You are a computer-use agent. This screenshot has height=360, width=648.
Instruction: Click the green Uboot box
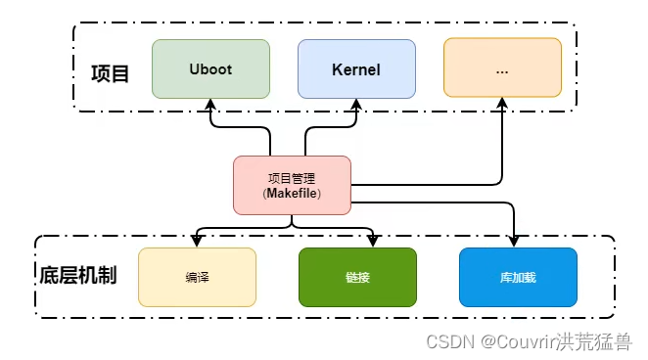[x=210, y=68]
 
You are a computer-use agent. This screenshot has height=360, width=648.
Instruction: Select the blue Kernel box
[x=356, y=68]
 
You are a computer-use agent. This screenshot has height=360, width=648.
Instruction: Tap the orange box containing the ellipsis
[x=502, y=68]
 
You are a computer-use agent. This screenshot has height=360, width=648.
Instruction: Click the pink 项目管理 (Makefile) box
[x=292, y=185]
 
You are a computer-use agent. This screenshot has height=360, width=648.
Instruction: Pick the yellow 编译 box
[x=197, y=277]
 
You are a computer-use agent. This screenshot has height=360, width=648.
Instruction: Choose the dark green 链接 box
[x=357, y=277]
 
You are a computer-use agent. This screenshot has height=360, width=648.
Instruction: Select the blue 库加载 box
[x=518, y=277]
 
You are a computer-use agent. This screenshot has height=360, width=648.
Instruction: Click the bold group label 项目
[x=110, y=73]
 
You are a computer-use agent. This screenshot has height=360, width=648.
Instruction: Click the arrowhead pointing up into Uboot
[x=210, y=104]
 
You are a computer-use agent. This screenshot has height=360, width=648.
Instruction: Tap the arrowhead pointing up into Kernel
[x=356, y=104]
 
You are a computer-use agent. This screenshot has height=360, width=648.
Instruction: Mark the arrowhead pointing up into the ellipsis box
[x=502, y=103]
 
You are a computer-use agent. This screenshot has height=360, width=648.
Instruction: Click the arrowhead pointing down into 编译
[x=197, y=242]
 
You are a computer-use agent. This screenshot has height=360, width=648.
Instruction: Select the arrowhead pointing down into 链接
[x=373, y=242]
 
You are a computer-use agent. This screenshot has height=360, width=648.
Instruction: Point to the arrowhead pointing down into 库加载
[x=514, y=242]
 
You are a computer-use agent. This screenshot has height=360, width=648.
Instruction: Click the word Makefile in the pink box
[x=292, y=193]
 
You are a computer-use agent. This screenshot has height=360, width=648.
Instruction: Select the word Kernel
[x=356, y=69]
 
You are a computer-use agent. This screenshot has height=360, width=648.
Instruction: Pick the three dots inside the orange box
[x=502, y=70]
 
